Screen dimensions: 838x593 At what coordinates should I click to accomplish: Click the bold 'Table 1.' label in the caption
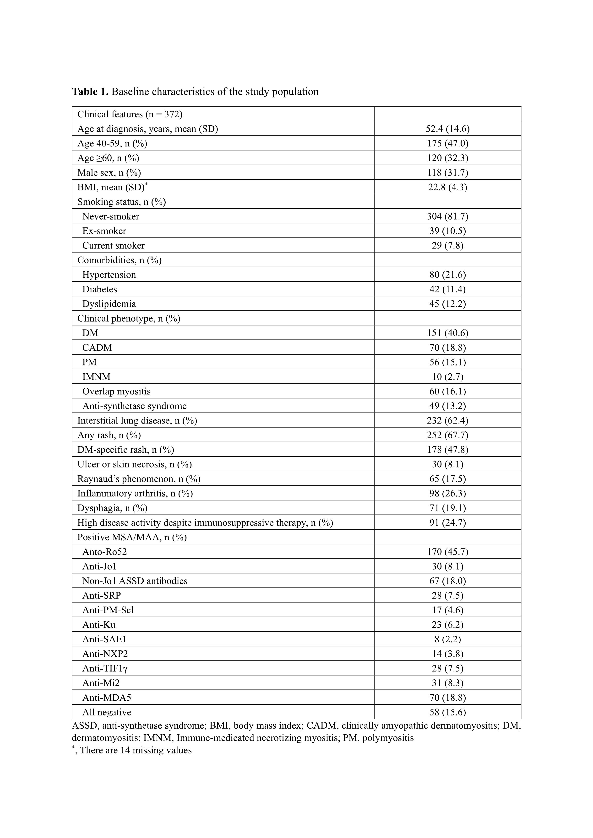point(90,91)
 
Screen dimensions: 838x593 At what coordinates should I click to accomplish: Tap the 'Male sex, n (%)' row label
point(109,173)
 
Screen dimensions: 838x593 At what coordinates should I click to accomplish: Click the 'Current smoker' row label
point(113,246)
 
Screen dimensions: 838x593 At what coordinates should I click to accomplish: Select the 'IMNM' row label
point(96,377)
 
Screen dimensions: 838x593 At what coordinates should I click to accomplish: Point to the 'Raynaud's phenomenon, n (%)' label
point(139,479)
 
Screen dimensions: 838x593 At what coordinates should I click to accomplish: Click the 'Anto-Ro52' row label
point(104,552)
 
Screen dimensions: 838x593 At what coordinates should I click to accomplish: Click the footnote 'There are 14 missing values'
point(136,750)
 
